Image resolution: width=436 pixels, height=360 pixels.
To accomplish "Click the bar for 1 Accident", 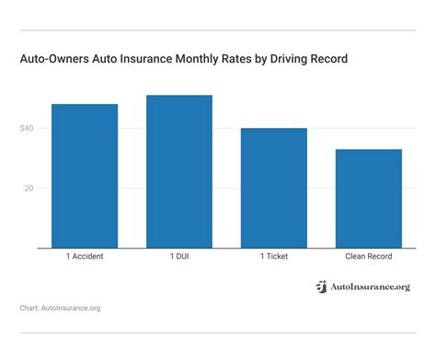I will pyautogui.click(x=85, y=176).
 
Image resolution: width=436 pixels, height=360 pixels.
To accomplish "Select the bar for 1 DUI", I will pyautogui.click(x=178, y=171).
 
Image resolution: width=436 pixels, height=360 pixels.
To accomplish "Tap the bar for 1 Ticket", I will pyautogui.click(x=273, y=188).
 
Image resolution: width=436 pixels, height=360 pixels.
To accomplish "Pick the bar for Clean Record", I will pyautogui.click(x=368, y=198).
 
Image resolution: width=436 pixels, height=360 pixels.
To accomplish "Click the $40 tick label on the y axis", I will pyautogui.click(x=27, y=128).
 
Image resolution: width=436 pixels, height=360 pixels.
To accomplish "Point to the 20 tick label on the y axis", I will pyautogui.click(x=29, y=188).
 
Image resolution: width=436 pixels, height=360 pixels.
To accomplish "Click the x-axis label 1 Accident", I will pyautogui.click(x=85, y=256).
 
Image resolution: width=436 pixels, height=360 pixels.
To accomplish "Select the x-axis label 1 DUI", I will pyautogui.click(x=178, y=256).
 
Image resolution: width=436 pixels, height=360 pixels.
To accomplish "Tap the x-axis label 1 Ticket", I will pyautogui.click(x=273, y=256).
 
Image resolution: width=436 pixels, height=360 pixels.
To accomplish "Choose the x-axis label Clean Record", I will pyautogui.click(x=368, y=256).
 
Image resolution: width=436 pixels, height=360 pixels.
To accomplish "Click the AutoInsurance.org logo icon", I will pyautogui.click(x=321, y=286).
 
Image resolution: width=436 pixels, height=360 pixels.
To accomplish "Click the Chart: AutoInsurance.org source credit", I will pyautogui.click(x=59, y=308).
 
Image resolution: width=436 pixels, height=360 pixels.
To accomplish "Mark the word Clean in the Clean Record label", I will pyautogui.click(x=355, y=256).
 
